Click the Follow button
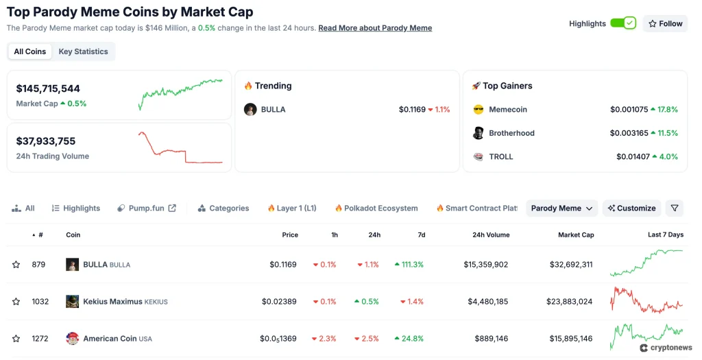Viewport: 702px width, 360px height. click(665, 23)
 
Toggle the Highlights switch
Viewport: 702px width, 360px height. click(623, 23)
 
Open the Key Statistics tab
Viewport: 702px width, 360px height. click(83, 51)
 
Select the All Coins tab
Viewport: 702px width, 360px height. click(30, 51)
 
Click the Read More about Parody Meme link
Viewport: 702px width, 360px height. click(375, 28)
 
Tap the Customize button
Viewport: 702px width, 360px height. click(631, 208)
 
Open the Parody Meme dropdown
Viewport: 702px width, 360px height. click(561, 208)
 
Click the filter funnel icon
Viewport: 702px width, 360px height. click(675, 208)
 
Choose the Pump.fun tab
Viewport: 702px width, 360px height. click(146, 208)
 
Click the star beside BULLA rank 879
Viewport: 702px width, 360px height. click(16, 265)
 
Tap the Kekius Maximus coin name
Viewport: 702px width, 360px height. click(112, 302)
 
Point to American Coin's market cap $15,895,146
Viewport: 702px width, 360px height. click(571, 339)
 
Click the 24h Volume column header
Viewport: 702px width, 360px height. click(491, 235)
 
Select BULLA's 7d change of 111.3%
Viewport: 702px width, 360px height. click(409, 265)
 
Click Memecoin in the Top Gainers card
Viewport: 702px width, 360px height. click(507, 110)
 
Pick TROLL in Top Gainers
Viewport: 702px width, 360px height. click(500, 157)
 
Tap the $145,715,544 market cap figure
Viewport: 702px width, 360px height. click(48, 88)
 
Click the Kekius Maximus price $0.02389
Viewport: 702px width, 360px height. click(279, 302)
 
